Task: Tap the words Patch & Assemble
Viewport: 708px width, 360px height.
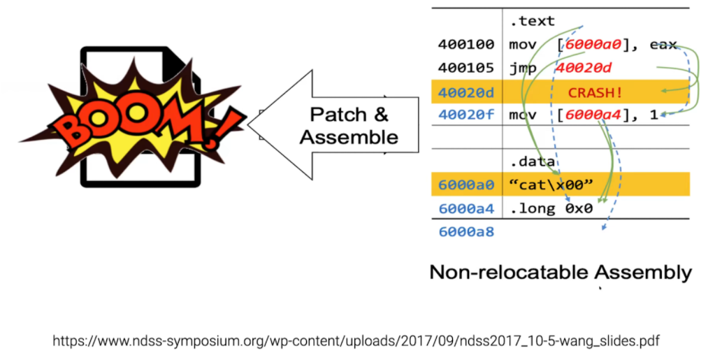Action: [x=349, y=126]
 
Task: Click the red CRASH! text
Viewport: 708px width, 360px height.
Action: [x=595, y=92]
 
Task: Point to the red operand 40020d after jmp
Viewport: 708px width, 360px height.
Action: [x=584, y=68]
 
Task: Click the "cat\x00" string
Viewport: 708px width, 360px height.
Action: [x=552, y=185]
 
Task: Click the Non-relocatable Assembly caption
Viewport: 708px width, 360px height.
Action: [x=561, y=272]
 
